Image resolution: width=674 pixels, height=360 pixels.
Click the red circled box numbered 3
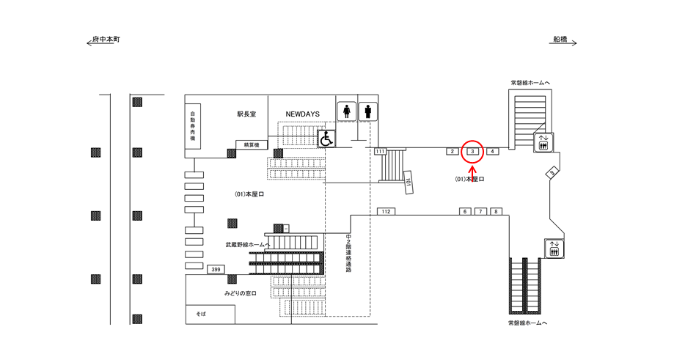point(473,151)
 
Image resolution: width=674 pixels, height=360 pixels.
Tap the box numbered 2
point(453,151)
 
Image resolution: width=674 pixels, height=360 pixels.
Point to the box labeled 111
point(380,151)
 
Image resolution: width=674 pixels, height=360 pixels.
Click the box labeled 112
point(387,211)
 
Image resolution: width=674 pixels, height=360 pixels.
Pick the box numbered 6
point(464,211)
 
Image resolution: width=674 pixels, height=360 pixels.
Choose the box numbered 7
point(480,211)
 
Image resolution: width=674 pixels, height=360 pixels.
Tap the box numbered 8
point(497,211)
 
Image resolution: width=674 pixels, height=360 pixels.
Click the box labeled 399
point(216,270)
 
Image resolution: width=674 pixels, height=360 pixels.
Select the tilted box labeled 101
point(409,180)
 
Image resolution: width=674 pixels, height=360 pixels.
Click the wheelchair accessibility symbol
point(326,137)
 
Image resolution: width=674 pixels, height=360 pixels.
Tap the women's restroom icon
point(346,111)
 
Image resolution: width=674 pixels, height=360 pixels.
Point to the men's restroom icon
point(367,111)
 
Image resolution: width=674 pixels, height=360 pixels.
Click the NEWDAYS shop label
point(301,114)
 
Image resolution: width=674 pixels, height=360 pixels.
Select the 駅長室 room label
point(246,114)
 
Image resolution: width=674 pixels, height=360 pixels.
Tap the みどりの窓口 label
point(243,293)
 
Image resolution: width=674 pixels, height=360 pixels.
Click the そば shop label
point(200,313)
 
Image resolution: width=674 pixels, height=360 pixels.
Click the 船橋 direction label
point(562,39)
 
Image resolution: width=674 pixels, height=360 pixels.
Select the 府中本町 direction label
point(106,39)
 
